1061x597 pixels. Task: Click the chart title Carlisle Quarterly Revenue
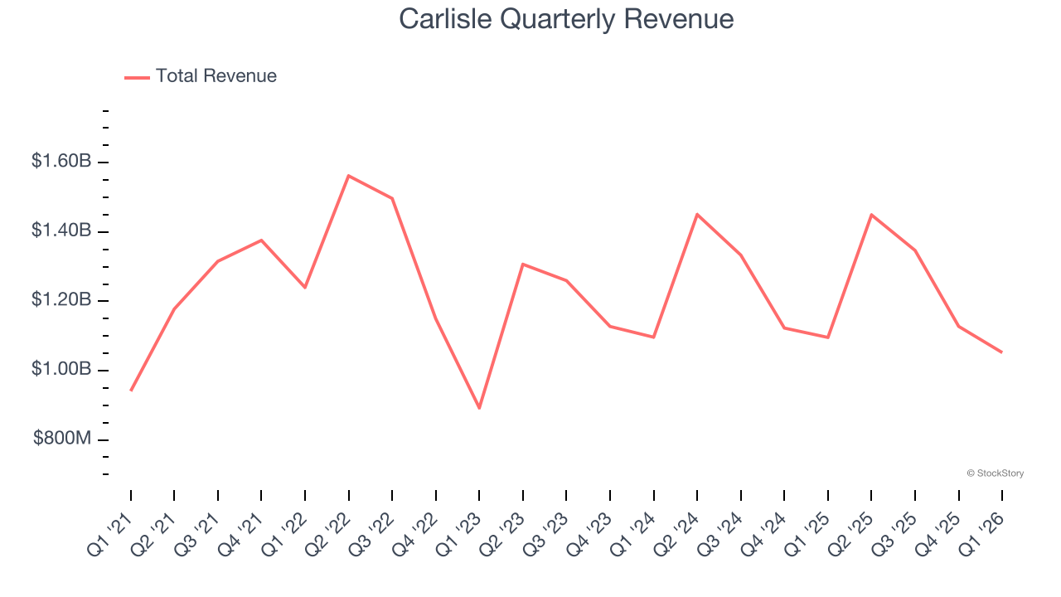pyautogui.click(x=566, y=19)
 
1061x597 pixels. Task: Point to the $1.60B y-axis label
pyautogui.click(x=61, y=161)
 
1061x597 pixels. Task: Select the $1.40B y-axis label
pyautogui.click(x=61, y=231)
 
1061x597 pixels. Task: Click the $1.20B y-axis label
pyautogui.click(x=61, y=299)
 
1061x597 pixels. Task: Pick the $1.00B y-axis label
pyautogui.click(x=61, y=369)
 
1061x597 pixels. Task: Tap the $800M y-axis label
pyautogui.click(x=62, y=439)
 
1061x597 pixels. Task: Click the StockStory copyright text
pyautogui.click(x=995, y=473)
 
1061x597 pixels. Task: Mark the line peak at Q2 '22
pyautogui.click(x=349, y=176)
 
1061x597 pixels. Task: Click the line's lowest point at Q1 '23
pyautogui.click(x=479, y=408)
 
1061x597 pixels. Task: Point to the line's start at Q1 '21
pyautogui.click(x=131, y=391)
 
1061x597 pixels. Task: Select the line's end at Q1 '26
pyautogui.click(x=1001, y=352)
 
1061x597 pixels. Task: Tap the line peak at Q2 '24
pyautogui.click(x=697, y=214)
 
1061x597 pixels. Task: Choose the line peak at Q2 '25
pyautogui.click(x=871, y=215)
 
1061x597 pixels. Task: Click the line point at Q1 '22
pyautogui.click(x=305, y=287)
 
